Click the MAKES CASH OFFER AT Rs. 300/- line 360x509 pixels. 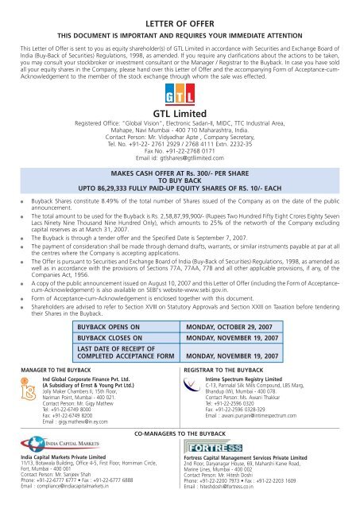[180, 172]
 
